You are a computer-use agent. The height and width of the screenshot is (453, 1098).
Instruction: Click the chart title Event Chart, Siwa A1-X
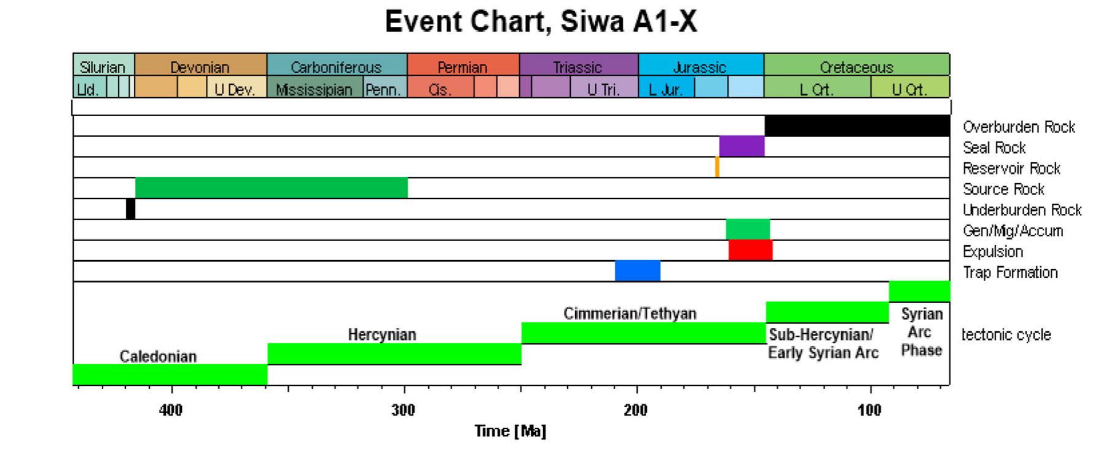pyautogui.click(x=541, y=22)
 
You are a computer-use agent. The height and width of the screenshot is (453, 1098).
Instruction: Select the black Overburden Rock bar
pyautogui.click(x=857, y=125)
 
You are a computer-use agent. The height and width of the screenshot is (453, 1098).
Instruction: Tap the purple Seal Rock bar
pyautogui.click(x=742, y=146)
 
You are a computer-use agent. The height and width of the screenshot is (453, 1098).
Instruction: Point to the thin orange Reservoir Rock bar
pyautogui.click(x=717, y=167)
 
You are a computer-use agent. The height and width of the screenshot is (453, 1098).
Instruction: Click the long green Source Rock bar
pyautogui.click(x=271, y=188)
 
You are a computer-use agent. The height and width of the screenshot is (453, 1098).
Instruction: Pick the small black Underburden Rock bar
pyautogui.click(x=130, y=209)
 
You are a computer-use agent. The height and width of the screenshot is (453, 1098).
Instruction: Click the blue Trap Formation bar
pyautogui.click(x=638, y=271)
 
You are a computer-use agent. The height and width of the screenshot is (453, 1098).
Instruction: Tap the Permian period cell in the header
pyautogui.click(x=463, y=66)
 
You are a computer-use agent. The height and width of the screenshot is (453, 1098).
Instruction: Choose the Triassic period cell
pyautogui.click(x=578, y=66)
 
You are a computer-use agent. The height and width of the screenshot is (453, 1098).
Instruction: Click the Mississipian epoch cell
pyautogui.click(x=314, y=90)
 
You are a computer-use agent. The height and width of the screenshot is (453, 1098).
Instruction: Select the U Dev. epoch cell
pyautogui.click(x=235, y=90)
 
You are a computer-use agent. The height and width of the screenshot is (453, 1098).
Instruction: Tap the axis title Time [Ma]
pyautogui.click(x=510, y=431)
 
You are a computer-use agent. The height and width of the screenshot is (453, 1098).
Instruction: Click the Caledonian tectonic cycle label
pyautogui.click(x=158, y=356)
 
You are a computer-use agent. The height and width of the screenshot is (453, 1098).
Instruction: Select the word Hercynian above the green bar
pyautogui.click(x=382, y=335)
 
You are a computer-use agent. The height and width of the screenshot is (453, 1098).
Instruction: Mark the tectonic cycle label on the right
pyautogui.click(x=1006, y=335)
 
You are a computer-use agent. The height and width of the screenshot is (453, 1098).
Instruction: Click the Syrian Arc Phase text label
pyautogui.click(x=921, y=332)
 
